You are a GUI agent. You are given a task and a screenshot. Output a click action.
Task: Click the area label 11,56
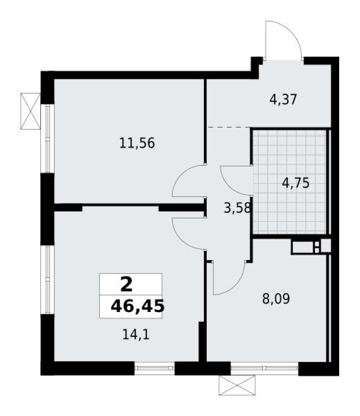coord(137,143)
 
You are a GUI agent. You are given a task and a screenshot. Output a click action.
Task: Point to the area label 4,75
coord(296,182)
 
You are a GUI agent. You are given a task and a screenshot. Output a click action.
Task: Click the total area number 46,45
coord(137,306)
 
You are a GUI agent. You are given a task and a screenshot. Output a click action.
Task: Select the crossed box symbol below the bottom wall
coord(237,385)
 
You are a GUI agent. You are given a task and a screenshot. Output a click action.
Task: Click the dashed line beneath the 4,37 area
coord(229,127)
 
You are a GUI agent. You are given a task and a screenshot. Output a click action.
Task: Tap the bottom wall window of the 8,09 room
coord(264,367)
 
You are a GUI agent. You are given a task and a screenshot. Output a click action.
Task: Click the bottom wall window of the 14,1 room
coord(154,367)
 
